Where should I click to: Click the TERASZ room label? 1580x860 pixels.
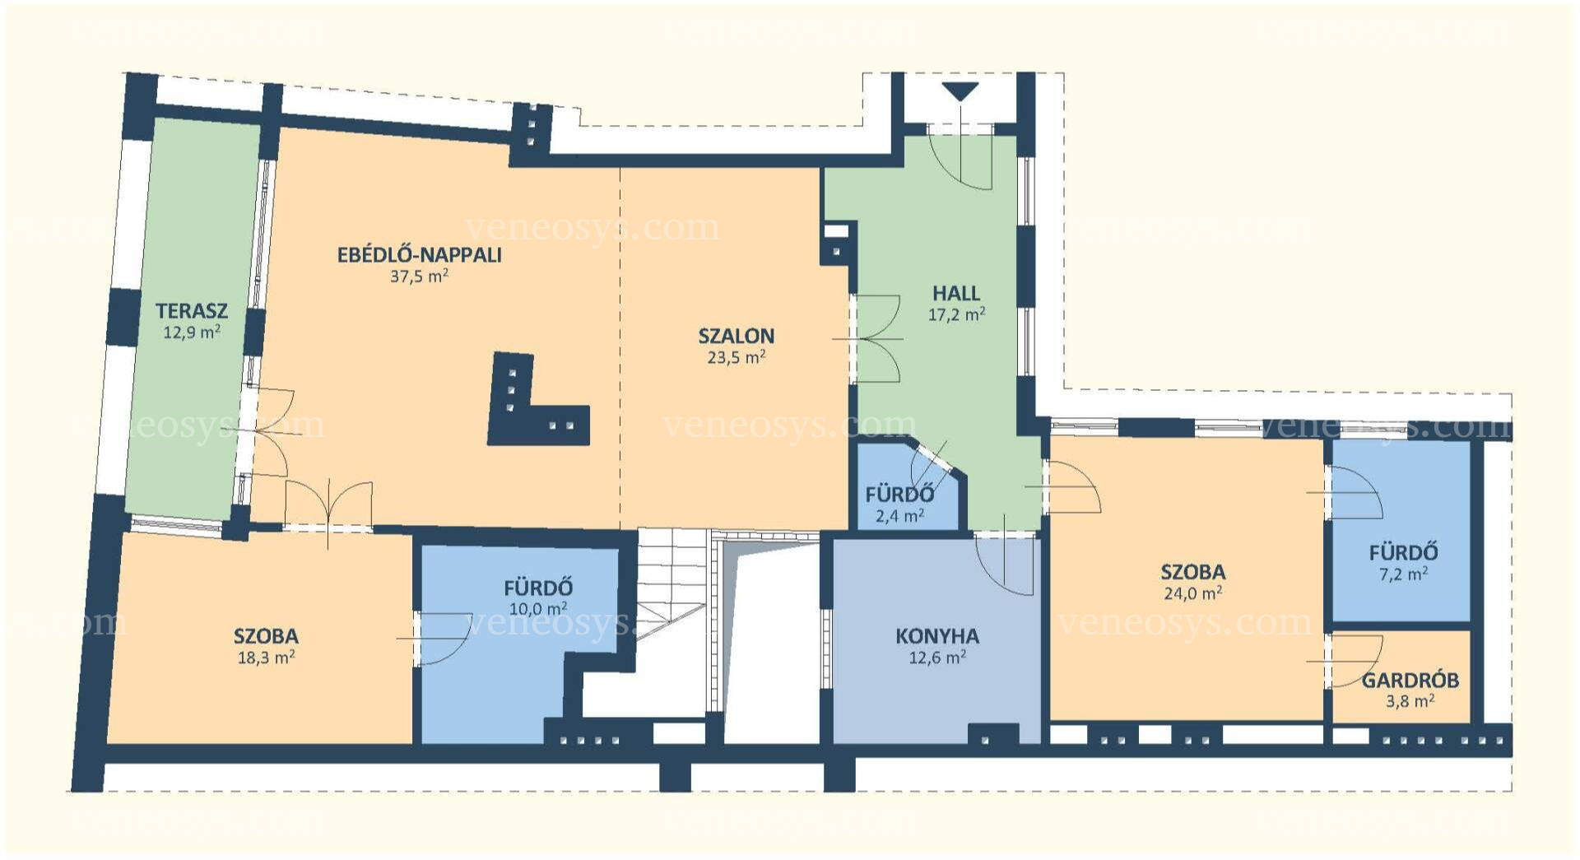pos(191,311)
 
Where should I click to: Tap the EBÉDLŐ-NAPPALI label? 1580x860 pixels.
pos(420,254)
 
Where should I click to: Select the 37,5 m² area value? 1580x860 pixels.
pos(419,277)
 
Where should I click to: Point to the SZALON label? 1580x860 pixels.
pos(737,336)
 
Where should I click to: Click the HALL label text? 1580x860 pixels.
pos(956,293)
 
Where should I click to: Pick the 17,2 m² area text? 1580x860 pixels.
pos(956,314)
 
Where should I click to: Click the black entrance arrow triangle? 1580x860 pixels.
pos(960,92)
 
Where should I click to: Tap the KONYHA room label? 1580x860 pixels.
pos(937,636)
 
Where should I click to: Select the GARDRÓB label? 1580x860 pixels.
pos(1410,681)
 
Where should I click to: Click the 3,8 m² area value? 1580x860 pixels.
pos(1410,701)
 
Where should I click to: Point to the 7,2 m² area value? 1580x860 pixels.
pos(1403,574)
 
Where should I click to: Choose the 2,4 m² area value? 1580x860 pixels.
pos(899,516)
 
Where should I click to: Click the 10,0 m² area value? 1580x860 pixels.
pos(538,609)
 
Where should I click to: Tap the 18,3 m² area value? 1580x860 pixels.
pos(266,658)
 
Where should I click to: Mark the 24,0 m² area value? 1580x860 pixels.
pos(1192,593)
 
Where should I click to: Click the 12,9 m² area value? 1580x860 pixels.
pos(191,332)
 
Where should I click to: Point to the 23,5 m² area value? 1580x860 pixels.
pos(737,357)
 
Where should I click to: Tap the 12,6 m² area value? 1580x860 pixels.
pos(937,658)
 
